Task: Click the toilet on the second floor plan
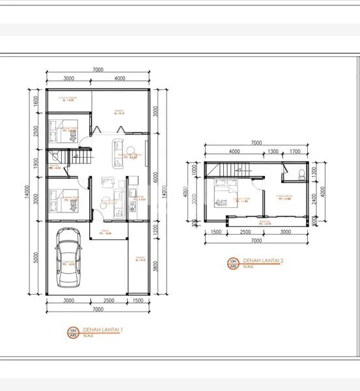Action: [x=300, y=174]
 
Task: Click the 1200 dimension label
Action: [x=156, y=229]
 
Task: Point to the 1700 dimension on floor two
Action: [x=294, y=151]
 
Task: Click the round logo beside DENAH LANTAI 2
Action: [x=232, y=263]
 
